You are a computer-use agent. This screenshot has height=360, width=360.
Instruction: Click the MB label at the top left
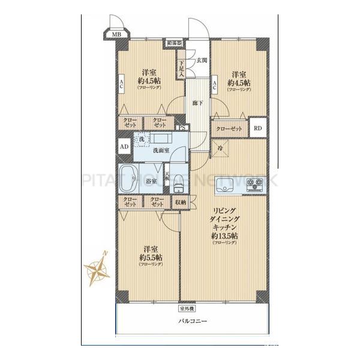[x=116, y=35]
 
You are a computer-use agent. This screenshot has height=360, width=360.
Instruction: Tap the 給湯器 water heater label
[x=175, y=43]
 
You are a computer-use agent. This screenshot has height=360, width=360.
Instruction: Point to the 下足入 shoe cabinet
[x=181, y=67]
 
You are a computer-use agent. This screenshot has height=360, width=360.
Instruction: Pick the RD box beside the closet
[x=257, y=129]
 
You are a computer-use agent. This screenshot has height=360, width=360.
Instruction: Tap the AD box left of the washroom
[x=124, y=146]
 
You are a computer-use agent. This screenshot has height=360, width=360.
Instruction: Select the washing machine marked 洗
[x=141, y=139]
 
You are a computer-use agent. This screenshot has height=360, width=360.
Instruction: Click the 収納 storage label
[x=181, y=202]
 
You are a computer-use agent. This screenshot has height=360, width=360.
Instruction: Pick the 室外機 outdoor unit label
[x=188, y=310]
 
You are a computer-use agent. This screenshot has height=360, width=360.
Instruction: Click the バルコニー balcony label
[x=192, y=322]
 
